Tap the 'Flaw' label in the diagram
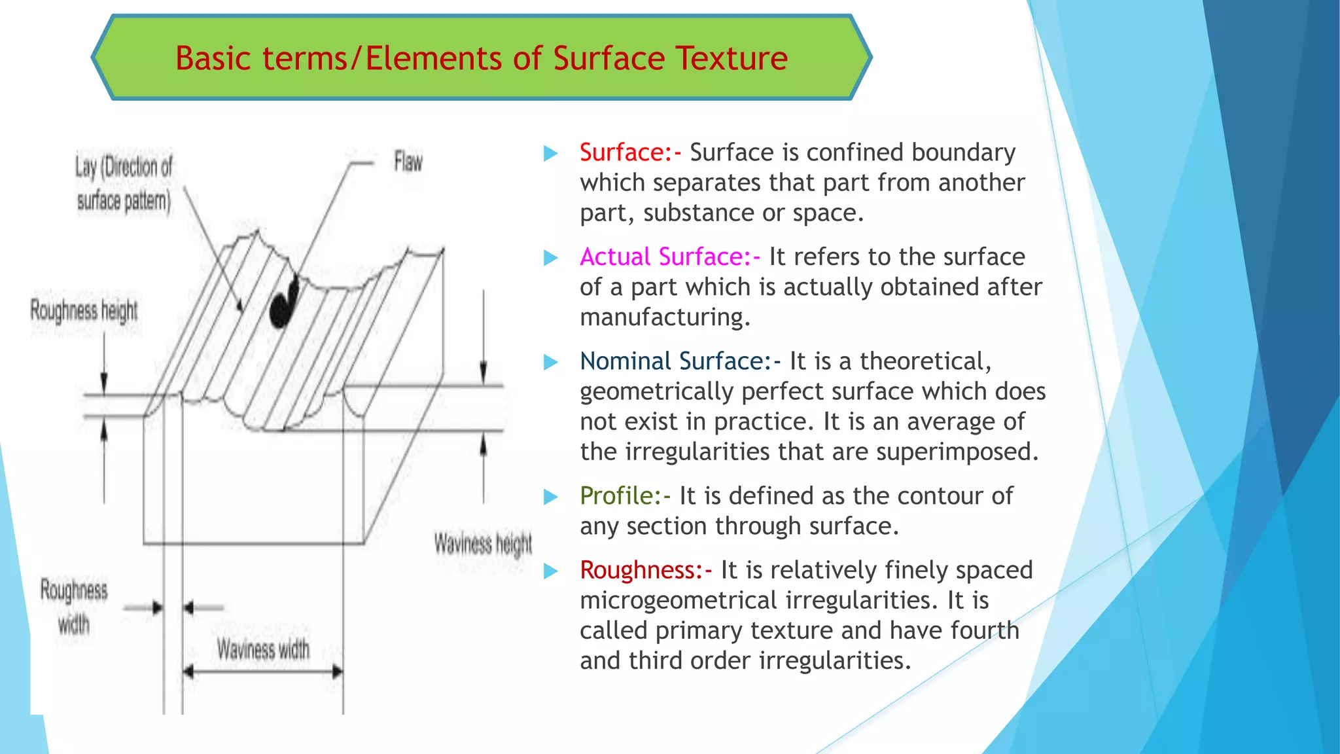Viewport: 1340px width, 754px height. (408, 162)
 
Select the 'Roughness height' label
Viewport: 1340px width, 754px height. (84, 310)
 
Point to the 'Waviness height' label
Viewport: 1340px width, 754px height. (483, 544)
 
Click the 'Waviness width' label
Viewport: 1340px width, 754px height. (263, 649)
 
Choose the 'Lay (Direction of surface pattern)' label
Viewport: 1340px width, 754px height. (124, 184)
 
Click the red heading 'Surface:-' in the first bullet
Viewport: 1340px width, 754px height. (630, 153)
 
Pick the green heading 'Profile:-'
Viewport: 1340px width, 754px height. (625, 495)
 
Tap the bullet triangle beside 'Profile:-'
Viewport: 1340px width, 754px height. (551, 497)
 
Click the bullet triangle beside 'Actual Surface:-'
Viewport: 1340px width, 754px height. (551, 258)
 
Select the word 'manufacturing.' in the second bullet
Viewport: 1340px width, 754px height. (665, 317)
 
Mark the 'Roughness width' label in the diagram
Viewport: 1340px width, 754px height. (74, 607)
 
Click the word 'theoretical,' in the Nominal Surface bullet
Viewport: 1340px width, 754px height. (925, 361)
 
